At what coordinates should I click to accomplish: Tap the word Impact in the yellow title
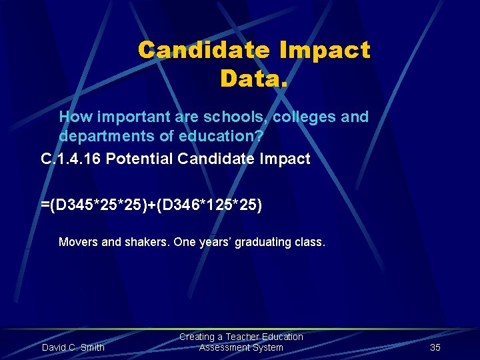326,50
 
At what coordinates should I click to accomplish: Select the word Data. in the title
254,79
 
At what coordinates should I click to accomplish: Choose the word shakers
146,242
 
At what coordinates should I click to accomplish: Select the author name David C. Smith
73,347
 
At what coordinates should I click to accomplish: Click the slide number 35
435,347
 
